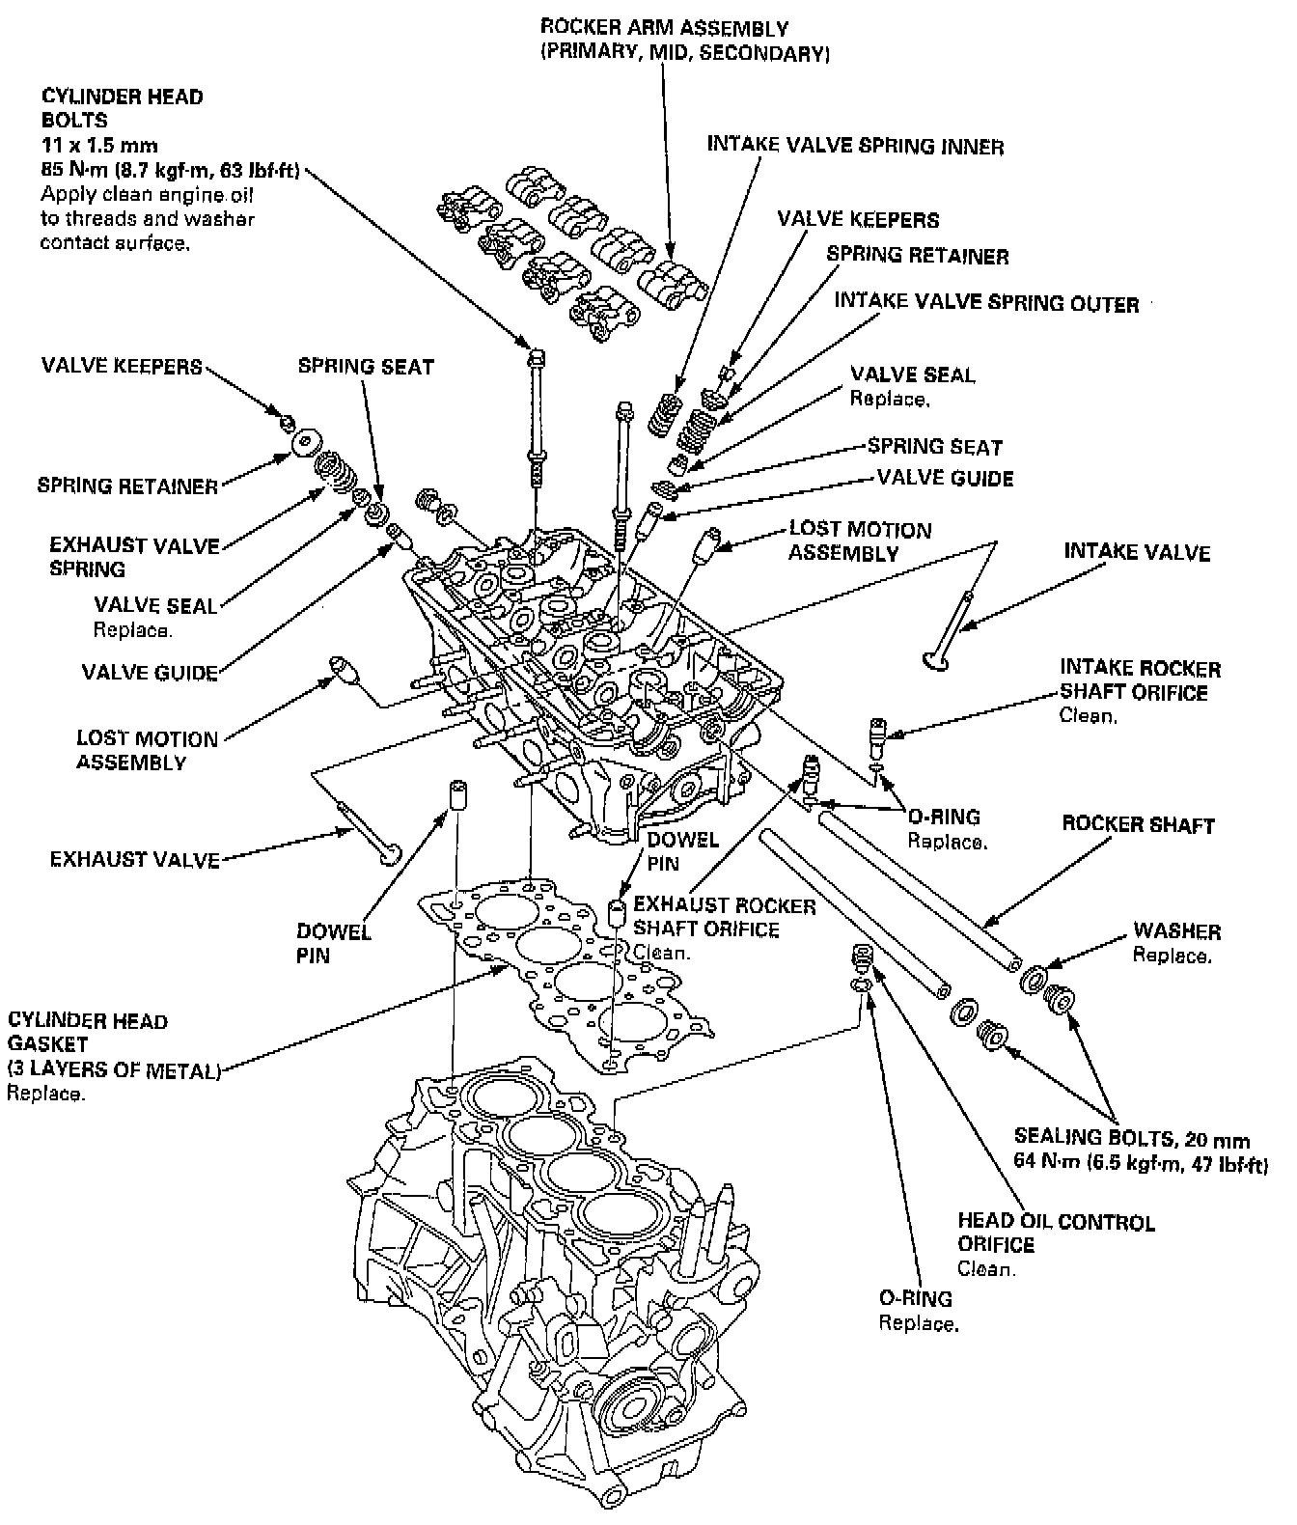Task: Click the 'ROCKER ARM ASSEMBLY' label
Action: click(664, 29)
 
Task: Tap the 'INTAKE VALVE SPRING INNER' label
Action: click(855, 146)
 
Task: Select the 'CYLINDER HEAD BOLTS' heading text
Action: click(123, 108)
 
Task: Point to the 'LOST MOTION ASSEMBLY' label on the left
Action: click(147, 751)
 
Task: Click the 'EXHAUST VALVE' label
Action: click(135, 859)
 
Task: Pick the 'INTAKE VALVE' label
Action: click(1137, 552)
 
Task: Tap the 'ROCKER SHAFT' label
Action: click(1138, 825)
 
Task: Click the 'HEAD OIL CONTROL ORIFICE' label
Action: click(1056, 1234)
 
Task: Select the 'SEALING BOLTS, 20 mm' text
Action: click(1132, 1139)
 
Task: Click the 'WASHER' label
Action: click(1176, 931)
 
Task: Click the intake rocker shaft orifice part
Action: click(877, 738)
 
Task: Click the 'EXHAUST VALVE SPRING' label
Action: click(134, 557)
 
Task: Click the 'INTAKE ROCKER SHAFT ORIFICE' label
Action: click(1140, 680)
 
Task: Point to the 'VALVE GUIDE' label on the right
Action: click(945, 478)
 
